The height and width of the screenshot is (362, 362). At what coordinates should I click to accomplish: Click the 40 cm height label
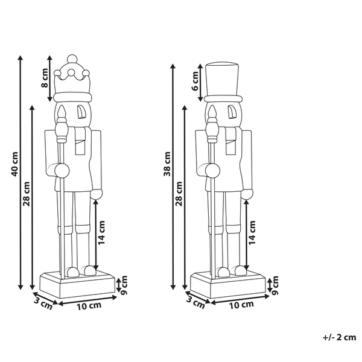[x=14, y=164]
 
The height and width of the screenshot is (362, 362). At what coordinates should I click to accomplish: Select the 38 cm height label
[x=167, y=164]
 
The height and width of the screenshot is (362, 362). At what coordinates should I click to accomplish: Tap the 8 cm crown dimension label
[x=45, y=78]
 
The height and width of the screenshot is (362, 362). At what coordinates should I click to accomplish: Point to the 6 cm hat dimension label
[x=195, y=81]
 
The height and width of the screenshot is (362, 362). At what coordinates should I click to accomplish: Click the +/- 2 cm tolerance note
[x=339, y=337]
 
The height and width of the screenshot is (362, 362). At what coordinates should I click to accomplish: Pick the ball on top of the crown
[x=72, y=59]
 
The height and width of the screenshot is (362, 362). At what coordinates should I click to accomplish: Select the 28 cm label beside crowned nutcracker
[x=27, y=194]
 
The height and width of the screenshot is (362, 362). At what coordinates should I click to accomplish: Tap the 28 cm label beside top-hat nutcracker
[x=179, y=194]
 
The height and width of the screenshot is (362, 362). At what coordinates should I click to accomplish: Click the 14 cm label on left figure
[x=101, y=232]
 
